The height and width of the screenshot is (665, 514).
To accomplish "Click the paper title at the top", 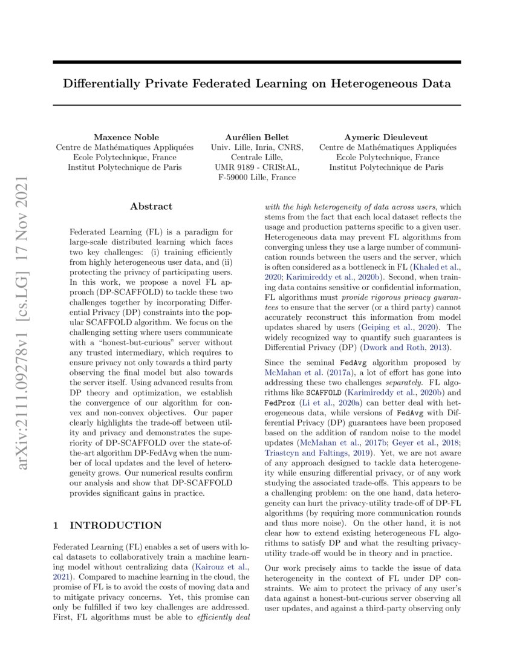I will pyautogui.click(x=256, y=83).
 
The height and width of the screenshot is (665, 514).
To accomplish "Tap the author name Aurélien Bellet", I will pyautogui.click(x=257, y=137).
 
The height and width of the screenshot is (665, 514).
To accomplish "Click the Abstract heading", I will pyautogui.click(x=151, y=206).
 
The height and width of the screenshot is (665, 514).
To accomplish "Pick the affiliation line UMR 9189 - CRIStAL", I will pyautogui.click(x=257, y=167).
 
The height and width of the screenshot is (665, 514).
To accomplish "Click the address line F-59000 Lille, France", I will pyautogui.click(x=257, y=178).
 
